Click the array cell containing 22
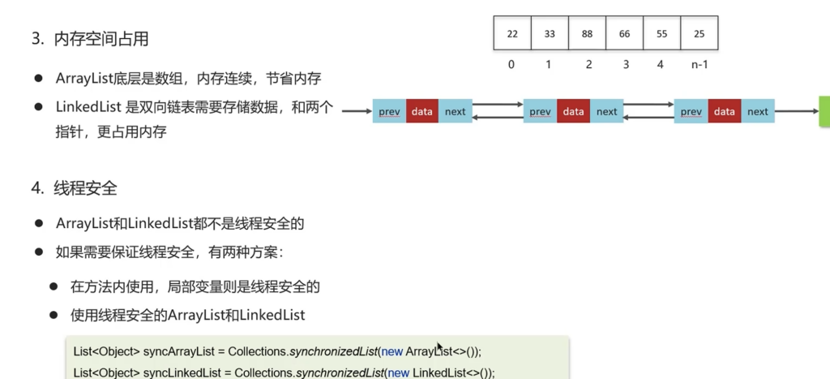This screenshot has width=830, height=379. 512,34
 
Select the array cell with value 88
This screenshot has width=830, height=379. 587,34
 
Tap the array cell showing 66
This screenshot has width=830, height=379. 624,34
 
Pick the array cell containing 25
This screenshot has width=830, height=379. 699,34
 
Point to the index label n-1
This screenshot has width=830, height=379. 700,64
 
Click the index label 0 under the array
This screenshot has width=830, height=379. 511,64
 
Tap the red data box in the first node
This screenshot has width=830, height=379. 422,111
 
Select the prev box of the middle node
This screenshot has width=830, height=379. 540,111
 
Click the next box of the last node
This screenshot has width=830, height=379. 758,111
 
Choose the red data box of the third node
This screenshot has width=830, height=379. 725,111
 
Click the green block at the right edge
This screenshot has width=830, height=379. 824,111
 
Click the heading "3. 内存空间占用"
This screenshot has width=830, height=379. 90,38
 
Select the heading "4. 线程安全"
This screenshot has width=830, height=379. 75,188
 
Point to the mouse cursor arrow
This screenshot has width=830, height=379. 439,347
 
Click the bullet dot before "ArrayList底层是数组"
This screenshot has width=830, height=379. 38,78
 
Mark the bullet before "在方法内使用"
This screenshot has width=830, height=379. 53,286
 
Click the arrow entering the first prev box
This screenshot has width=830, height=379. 356,111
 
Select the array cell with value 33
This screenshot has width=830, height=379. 550,34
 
